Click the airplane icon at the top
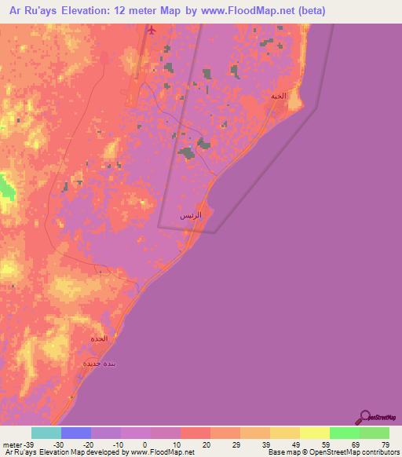coord(152,31)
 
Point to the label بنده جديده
coord(100,364)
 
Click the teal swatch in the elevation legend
coord(46,433)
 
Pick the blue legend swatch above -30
coord(76,433)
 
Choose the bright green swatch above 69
coord(344,433)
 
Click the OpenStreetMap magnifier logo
coord(365,417)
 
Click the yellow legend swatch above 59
coord(314,433)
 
